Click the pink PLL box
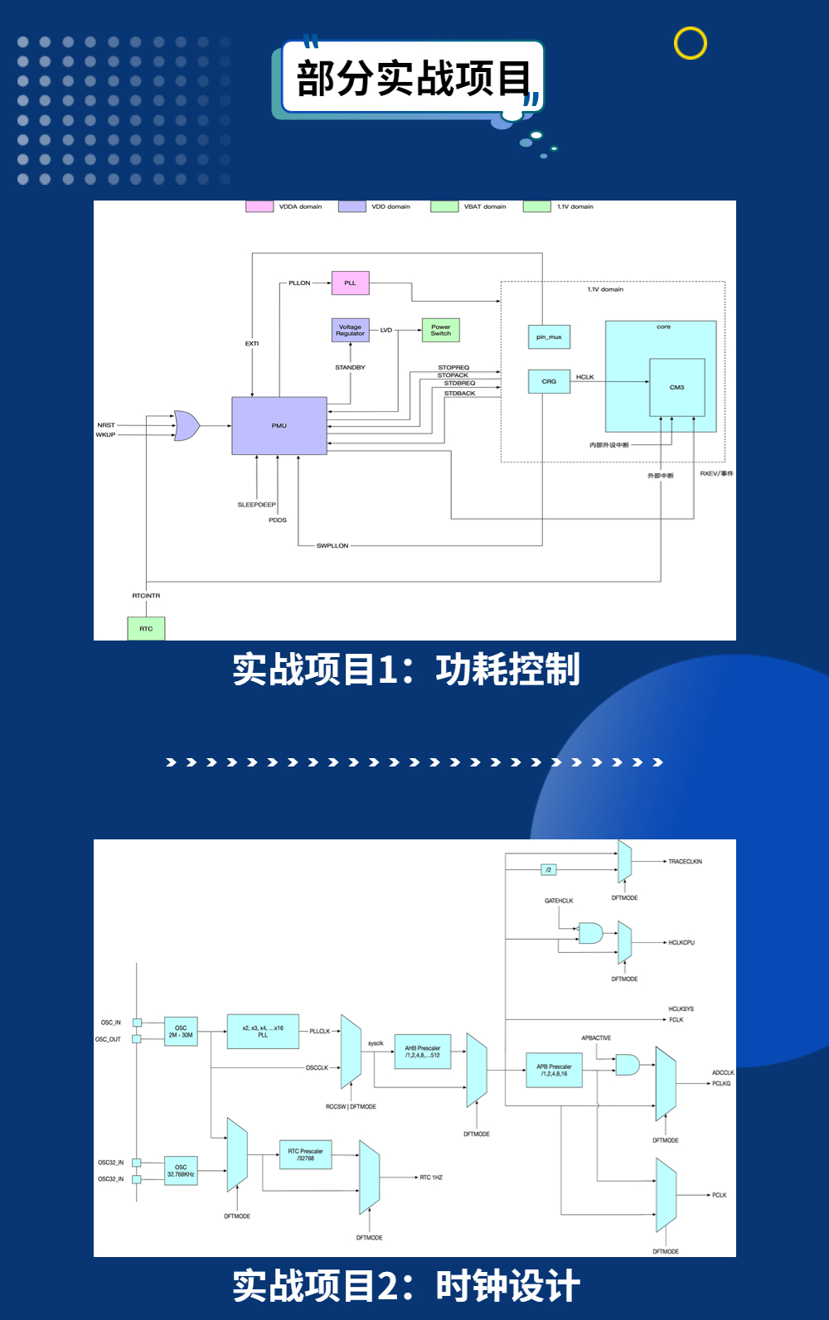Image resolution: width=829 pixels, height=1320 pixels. point(350,283)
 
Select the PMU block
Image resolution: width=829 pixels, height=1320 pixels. point(279,426)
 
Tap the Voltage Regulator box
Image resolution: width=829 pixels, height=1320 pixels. point(350,330)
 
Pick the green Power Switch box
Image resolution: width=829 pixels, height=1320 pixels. point(440,330)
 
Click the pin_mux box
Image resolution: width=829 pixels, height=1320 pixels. point(549,337)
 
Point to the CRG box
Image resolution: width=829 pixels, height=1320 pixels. point(549,381)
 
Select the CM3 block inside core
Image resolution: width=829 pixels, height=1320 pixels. point(676,387)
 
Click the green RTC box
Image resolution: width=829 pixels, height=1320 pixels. point(146,629)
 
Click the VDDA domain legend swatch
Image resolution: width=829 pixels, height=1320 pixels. point(259,206)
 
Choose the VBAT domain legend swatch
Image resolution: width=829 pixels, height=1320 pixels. point(444,206)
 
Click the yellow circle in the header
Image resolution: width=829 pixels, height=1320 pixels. point(690,43)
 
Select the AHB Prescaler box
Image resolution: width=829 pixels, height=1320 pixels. point(423,1052)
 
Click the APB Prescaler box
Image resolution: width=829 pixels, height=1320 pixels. point(554,1070)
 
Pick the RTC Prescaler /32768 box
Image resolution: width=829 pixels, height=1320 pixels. point(305,1154)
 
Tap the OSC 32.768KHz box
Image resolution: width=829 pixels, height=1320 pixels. point(181,1171)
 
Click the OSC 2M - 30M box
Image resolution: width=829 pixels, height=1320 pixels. point(181,1032)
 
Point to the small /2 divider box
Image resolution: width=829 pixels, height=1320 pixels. point(548,870)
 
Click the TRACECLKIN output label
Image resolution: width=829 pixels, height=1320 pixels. point(685,862)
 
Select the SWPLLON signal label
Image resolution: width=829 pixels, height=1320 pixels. point(332,546)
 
